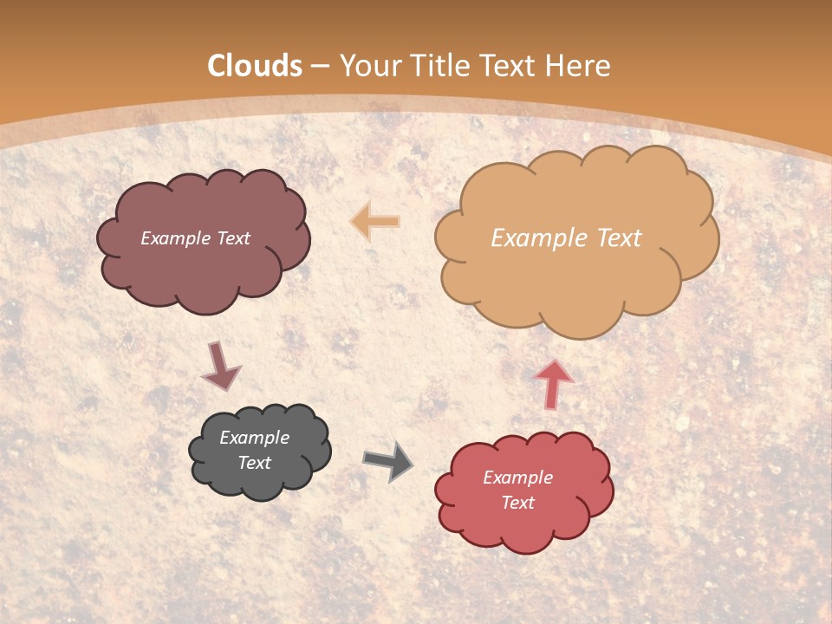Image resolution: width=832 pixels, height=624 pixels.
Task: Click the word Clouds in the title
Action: (255, 66)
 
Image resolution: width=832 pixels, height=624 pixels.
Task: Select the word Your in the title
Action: (370, 66)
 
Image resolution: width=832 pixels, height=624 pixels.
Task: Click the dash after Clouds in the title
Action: (320, 67)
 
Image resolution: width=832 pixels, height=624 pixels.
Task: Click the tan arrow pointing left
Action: (375, 221)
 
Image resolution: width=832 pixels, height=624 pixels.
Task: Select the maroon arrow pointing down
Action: (220, 366)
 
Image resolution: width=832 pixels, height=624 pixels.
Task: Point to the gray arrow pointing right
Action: (388, 461)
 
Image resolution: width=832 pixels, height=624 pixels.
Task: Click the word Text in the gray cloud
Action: (255, 463)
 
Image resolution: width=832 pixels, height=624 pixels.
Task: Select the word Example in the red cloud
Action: (517, 478)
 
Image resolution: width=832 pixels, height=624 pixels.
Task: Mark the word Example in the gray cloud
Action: (255, 438)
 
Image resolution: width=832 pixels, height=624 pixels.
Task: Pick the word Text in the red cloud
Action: (517, 503)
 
